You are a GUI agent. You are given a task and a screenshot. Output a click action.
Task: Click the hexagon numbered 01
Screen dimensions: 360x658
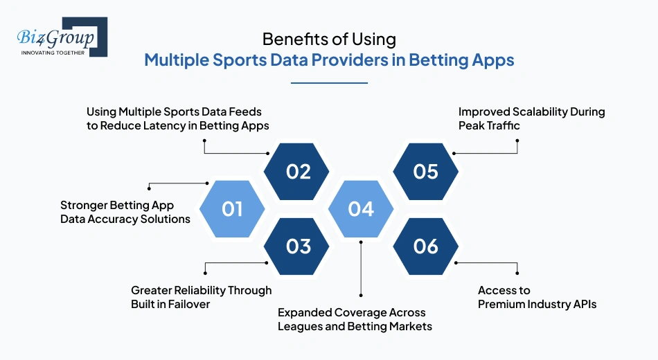point(232,208)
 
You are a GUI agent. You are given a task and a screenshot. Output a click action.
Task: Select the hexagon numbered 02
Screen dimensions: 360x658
point(299,171)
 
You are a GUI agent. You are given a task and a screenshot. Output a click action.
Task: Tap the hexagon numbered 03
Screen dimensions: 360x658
point(299,246)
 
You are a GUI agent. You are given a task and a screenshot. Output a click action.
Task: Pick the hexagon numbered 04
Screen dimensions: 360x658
point(361,208)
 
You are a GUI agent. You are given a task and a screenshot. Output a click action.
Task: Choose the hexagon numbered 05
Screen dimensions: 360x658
point(425,171)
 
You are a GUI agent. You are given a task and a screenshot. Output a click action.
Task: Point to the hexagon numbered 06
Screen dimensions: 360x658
point(425,246)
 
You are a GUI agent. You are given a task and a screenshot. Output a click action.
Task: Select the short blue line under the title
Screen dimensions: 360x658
point(329,83)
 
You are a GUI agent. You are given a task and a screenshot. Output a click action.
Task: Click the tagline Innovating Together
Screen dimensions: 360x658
point(53,53)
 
